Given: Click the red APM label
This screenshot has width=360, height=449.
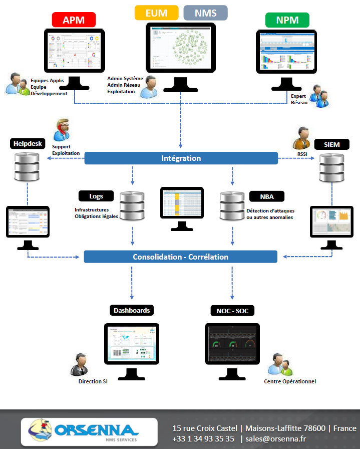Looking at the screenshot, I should (x=74, y=20).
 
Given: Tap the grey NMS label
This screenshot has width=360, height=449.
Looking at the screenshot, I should (x=205, y=13).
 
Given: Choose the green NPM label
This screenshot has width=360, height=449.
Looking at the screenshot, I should (x=287, y=20).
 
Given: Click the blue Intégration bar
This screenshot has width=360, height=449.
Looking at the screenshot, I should (x=181, y=158).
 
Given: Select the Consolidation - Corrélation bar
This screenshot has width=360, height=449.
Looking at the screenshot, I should (x=180, y=257).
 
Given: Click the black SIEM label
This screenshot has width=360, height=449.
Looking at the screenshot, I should (x=331, y=145).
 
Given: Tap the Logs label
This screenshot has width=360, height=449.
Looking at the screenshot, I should (x=96, y=196).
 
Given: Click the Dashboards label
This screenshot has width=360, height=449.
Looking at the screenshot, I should (x=131, y=310).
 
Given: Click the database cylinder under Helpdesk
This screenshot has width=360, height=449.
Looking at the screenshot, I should (x=27, y=167).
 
